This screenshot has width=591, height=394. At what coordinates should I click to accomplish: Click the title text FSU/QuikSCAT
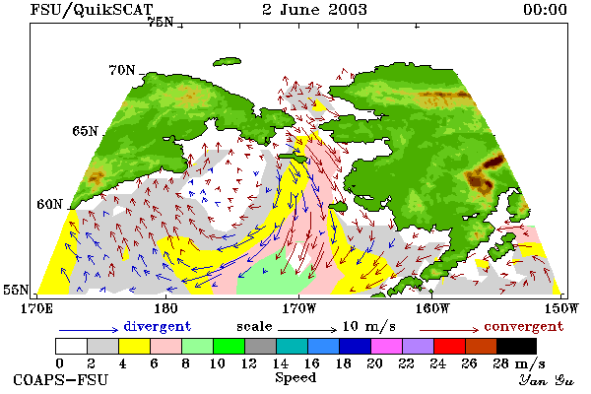(92, 10)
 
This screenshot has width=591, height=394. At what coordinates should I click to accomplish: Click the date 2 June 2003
(314, 10)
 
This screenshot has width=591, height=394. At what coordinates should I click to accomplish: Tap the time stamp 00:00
(545, 10)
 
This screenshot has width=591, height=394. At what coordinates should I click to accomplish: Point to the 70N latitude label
(121, 70)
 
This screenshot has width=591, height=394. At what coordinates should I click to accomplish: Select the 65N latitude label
(85, 131)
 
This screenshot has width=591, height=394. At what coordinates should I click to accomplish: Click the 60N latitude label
(49, 204)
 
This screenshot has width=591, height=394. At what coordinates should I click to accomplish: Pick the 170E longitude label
(36, 308)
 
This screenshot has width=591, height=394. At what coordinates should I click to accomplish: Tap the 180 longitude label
(165, 308)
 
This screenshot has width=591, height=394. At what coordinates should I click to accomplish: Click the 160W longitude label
(432, 308)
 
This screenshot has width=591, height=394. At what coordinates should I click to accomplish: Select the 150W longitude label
(561, 308)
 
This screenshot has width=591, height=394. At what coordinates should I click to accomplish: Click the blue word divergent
(158, 326)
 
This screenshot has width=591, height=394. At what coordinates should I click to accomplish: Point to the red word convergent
(524, 326)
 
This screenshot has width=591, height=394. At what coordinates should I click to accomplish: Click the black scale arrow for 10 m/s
(307, 330)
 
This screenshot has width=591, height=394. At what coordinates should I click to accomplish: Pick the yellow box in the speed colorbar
(134, 346)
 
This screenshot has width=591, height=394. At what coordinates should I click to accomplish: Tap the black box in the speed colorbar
(516, 346)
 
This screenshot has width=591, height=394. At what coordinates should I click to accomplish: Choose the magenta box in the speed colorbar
(387, 346)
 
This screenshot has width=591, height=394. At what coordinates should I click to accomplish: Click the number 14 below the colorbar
(280, 363)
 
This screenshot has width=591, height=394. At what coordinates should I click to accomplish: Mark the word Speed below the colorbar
(295, 378)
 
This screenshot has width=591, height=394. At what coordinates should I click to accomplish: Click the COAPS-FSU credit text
(61, 379)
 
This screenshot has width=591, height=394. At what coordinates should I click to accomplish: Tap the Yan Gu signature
(546, 380)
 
